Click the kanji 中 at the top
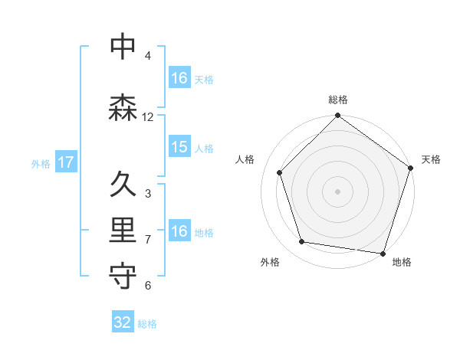tap(123, 47)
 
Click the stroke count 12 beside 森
tap(148, 117)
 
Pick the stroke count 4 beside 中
tap(148, 56)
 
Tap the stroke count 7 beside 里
tap(148, 240)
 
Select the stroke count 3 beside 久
tap(148, 194)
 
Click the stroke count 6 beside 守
tap(148, 286)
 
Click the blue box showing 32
tap(123, 322)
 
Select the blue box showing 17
tap(65, 162)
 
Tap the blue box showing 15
tap(179, 147)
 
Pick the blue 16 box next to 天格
tap(179, 78)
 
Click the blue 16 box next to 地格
tap(179, 231)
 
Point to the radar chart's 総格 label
tap(338, 100)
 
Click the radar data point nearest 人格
tap(280, 172)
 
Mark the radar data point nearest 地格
tap(383, 253)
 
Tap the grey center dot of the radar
tap(338, 191)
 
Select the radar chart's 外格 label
tap(270, 263)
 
